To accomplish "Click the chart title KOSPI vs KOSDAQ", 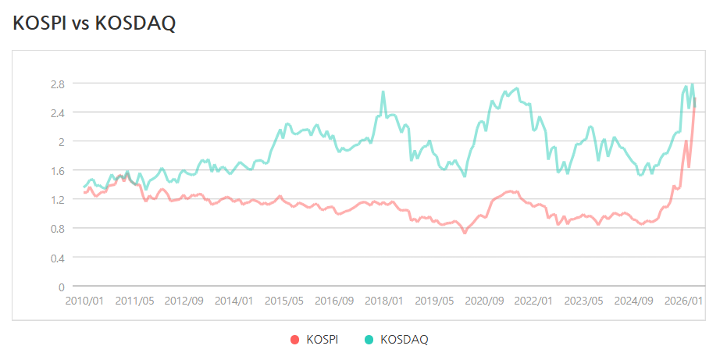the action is pyautogui.click(x=94, y=23).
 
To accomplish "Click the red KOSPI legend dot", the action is pyautogui.click(x=294, y=340).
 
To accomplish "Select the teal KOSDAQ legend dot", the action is pyautogui.click(x=368, y=340).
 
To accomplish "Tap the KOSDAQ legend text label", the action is pyautogui.click(x=404, y=340).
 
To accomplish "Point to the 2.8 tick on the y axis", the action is pyautogui.click(x=58, y=84).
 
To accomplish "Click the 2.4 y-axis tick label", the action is pyautogui.click(x=58, y=112).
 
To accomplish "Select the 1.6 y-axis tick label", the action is pyautogui.click(x=58, y=170).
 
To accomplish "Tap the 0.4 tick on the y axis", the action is pyautogui.click(x=58, y=257).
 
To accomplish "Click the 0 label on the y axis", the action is pyautogui.click(x=61, y=287).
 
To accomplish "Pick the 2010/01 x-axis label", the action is pyautogui.click(x=84, y=301).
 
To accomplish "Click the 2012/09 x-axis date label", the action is pyautogui.click(x=184, y=301).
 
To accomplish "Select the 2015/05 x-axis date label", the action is pyautogui.click(x=284, y=301).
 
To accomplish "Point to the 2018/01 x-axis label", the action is pyautogui.click(x=383, y=301).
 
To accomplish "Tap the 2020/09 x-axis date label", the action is pyautogui.click(x=484, y=301).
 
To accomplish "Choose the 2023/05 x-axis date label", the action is pyautogui.click(x=584, y=301).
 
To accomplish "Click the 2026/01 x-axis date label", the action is pyautogui.click(x=684, y=301).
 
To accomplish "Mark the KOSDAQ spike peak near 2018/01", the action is pyautogui.click(x=383, y=91).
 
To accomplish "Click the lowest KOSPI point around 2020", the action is pyautogui.click(x=465, y=233).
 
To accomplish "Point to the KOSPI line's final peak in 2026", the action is pyautogui.click(x=694, y=98).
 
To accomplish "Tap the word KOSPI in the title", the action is pyautogui.click(x=39, y=23).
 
